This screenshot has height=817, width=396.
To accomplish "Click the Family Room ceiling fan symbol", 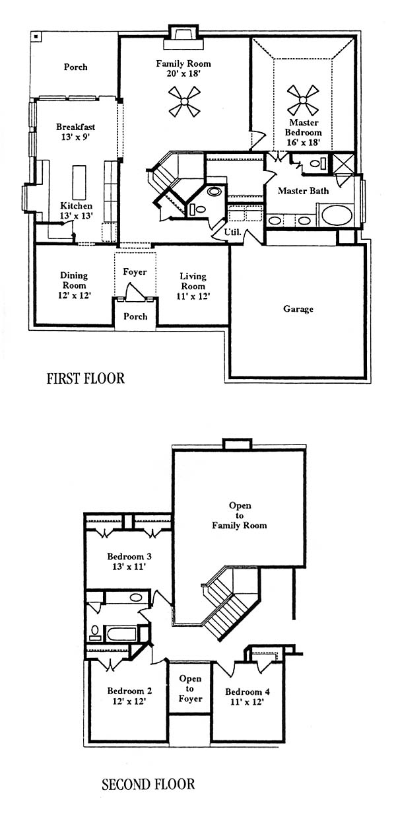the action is click(x=185, y=101).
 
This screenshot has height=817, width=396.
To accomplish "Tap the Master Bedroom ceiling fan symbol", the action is click(x=303, y=100).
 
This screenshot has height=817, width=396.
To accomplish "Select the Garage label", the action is click(x=298, y=309).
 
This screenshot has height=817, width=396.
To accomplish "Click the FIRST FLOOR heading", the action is click(x=86, y=378).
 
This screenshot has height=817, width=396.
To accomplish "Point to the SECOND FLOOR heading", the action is click(x=148, y=784).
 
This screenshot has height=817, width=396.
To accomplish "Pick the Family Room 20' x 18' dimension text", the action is click(x=183, y=73).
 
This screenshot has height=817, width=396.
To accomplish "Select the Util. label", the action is click(x=232, y=232).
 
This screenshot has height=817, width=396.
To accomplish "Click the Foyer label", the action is click(x=135, y=271).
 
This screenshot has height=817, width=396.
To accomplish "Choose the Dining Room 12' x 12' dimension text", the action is click(x=75, y=295).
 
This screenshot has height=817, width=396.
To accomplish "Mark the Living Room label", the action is click(x=193, y=281).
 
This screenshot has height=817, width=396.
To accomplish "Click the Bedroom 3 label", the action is click(x=129, y=556).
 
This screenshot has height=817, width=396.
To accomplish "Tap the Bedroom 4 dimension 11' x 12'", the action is click(x=247, y=701).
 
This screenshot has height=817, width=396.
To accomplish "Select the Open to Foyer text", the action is click(x=190, y=689).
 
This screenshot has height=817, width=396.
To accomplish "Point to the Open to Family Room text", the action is click(x=240, y=515).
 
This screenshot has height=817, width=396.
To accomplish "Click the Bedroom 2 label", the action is click(x=129, y=691).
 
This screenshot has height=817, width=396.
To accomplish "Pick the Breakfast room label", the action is click(x=75, y=127).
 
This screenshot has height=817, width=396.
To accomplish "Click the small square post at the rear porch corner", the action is click(x=36, y=36).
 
